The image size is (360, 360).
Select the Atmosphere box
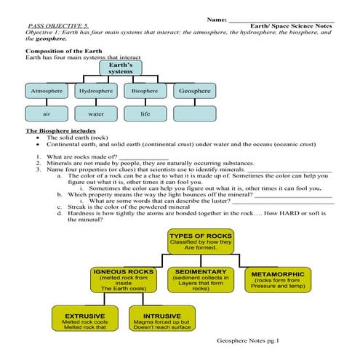click(47, 92)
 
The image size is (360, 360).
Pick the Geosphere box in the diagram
click(193, 92)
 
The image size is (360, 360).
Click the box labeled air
click(47, 113)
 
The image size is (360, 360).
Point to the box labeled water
click(96, 113)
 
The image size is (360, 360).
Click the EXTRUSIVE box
click(84, 321)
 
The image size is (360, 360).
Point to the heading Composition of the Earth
click(68, 51)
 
